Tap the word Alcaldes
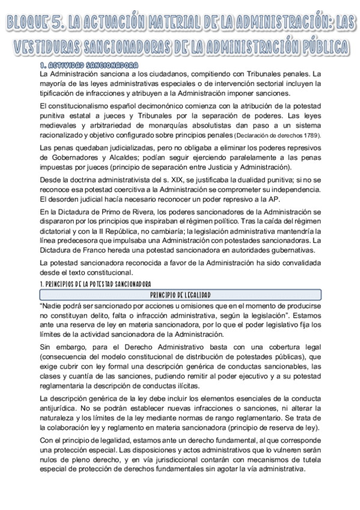point(120,158)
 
